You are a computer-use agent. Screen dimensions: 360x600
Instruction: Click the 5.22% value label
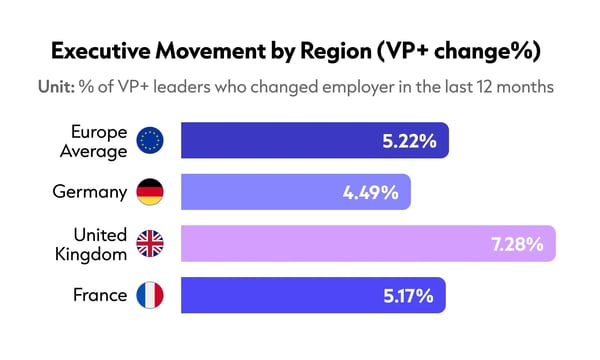pyautogui.click(x=409, y=140)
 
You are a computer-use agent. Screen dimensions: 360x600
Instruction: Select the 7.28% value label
pyautogui.click(x=517, y=243)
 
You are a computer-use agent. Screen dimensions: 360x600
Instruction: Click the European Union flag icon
pyautogui.click(x=150, y=140)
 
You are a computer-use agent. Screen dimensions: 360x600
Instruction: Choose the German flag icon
pyautogui.click(x=150, y=191)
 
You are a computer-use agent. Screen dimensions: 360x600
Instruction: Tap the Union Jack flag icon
pyautogui.click(x=150, y=243)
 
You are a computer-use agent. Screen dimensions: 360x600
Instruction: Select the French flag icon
pyautogui.click(x=150, y=295)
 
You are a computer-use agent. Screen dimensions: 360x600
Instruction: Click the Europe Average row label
pyautogui.click(x=98, y=140)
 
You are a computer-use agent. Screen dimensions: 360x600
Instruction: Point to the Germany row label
pyautogui.click(x=89, y=191)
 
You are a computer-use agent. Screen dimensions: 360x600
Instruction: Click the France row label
pyautogui.click(x=100, y=295)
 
